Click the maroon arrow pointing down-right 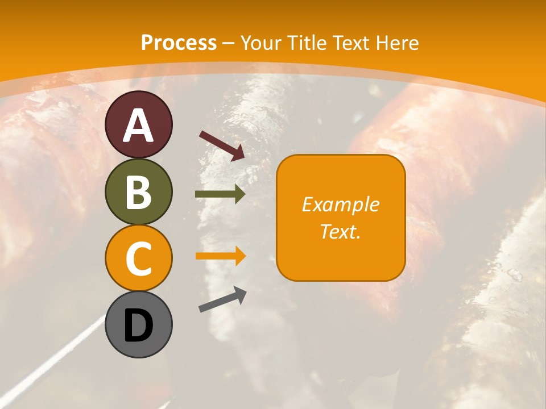tap(222, 145)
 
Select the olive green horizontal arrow tap(220, 194)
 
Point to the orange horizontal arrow tap(220, 256)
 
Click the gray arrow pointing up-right tap(222, 299)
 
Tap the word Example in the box tap(341, 204)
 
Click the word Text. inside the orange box tap(341, 231)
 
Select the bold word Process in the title tap(179, 43)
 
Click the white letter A tap(138, 126)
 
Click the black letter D tap(138, 325)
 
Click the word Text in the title tap(353, 43)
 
